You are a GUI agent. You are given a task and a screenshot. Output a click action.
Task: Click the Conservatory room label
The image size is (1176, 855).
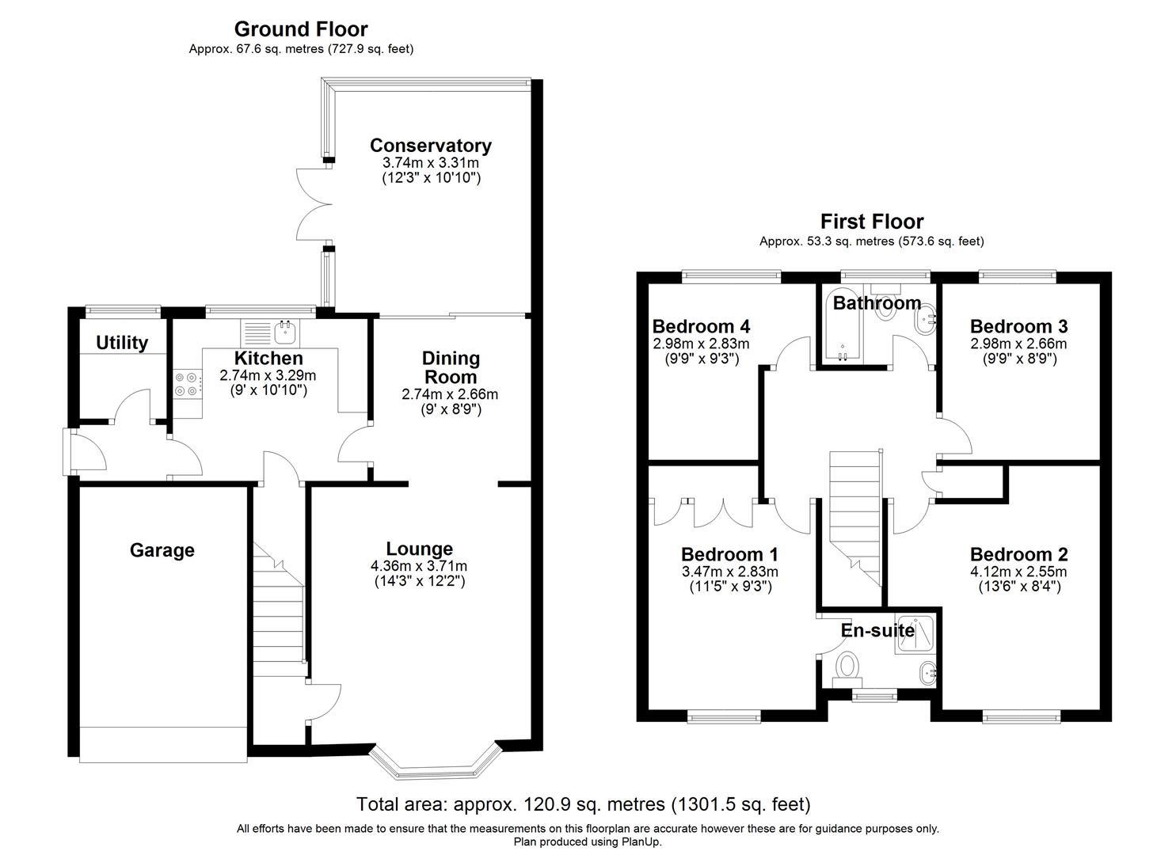(x=430, y=146)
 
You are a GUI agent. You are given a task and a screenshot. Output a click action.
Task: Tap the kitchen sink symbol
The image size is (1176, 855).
(x=284, y=330)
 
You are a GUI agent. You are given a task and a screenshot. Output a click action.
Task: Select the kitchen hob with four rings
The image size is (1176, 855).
(x=185, y=384)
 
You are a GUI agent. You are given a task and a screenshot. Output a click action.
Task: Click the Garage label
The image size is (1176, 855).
(x=162, y=550)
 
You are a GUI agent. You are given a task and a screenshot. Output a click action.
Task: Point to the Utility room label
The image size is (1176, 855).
(x=122, y=343)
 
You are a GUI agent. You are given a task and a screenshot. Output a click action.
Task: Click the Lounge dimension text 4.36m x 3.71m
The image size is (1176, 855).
(x=418, y=566)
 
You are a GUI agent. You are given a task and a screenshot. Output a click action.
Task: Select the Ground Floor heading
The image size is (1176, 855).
(x=301, y=29)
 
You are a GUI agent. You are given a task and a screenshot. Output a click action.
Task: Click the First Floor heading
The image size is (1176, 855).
(x=871, y=222)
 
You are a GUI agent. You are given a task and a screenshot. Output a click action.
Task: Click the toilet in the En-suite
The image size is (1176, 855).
(x=849, y=667)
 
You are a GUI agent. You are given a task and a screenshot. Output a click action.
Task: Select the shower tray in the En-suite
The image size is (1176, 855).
(x=915, y=633)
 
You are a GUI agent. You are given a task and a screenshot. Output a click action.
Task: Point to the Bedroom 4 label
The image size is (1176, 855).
(x=701, y=326)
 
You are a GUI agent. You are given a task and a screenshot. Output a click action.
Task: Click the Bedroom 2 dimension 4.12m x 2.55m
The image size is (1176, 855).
(x=1018, y=572)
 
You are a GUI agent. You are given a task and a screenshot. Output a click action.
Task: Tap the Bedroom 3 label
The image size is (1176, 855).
(x=1018, y=326)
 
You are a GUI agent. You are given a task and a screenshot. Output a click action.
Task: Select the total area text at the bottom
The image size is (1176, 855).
(x=584, y=804)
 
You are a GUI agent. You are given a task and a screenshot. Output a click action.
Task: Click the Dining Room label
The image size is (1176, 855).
(x=451, y=367)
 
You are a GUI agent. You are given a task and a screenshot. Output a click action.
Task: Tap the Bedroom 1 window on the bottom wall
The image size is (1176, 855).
(x=724, y=717)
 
